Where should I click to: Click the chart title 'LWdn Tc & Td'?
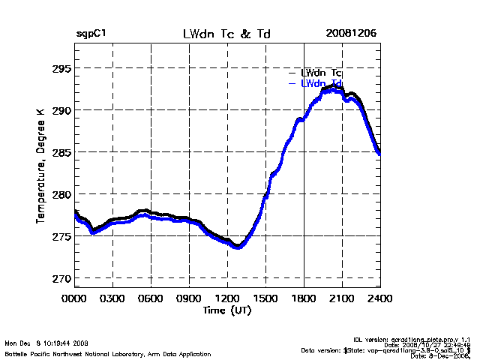(x=227, y=34)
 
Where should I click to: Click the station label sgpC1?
(x=91, y=34)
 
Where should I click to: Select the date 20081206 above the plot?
(x=351, y=34)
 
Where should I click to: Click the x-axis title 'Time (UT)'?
(x=226, y=310)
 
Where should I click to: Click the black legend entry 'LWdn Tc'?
(x=321, y=72)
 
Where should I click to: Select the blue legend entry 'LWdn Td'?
(x=321, y=83)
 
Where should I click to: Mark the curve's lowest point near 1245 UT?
(x=238, y=246)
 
